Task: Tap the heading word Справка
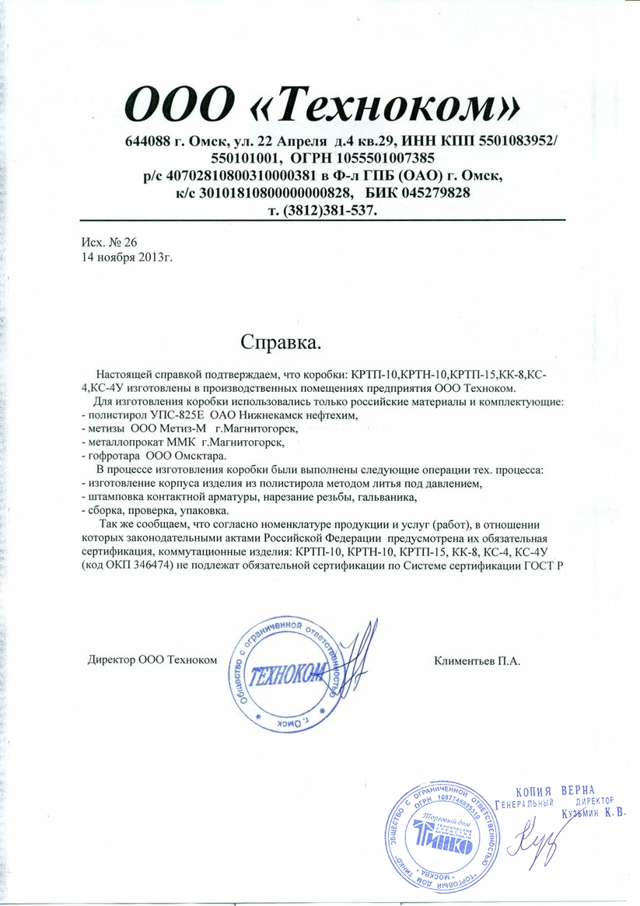point(280,341)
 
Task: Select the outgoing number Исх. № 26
point(109,242)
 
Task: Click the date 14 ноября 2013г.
point(127,256)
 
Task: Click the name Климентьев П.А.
point(474,662)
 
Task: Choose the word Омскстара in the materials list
point(201,456)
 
